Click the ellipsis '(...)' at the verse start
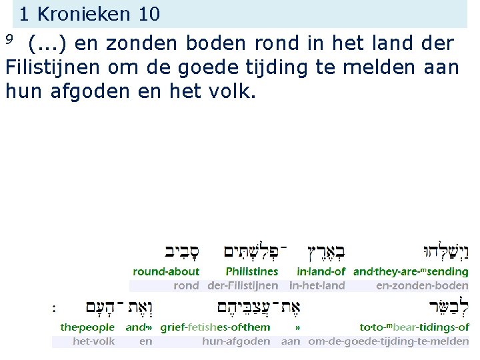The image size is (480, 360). (x=47, y=44)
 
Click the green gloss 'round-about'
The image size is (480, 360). (x=166, y=271)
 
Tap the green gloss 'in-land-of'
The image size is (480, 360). (x=321, y=271)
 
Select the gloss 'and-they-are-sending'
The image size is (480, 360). (x=411, y=271)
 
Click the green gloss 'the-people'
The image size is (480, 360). (x=87, y=327)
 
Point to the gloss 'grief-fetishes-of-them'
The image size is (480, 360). (x=215, y=327)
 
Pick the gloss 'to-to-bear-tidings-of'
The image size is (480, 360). (x=414, y=327)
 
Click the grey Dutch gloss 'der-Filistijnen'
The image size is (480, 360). (x=243, y=285)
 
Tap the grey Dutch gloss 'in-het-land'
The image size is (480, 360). (x=317, y=285)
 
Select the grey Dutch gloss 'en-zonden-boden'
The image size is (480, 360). (x=422, y=285)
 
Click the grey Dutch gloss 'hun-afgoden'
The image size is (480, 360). (x=236, y=341)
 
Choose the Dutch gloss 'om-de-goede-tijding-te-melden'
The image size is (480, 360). (x=388, y=341)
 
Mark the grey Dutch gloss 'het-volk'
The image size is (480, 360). (x=93, y=341)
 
